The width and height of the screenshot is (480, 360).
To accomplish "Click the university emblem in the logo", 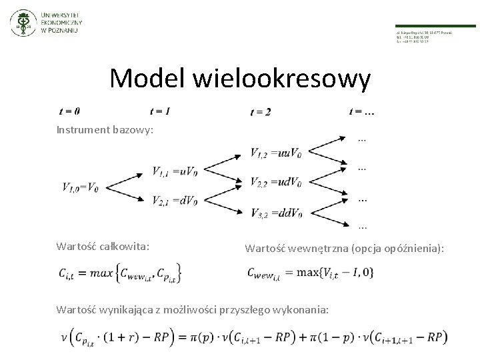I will pyautogui.click(x=23, y=24).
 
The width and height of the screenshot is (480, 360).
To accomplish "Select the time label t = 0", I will pyautogui.click(x=69, y=111).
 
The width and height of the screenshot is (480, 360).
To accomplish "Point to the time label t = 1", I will pyautogui.click(x=160, y=111).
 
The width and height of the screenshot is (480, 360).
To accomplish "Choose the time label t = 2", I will pyautogui.click(x=261, y=112).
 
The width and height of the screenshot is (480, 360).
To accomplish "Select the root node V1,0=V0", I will pyautogui.click(x=81, y=187).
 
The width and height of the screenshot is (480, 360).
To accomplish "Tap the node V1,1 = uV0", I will pyautogui.click(x=174, y=172).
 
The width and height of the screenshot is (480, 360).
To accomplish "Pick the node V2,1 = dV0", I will pyautogui.click(x=174, y=201).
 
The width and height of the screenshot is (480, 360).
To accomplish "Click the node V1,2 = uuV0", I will pyautogui.click(x=275, y=154).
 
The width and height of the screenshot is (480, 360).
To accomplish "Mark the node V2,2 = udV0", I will pyautogui.click(x=275, y=182).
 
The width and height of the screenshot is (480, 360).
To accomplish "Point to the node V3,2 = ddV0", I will pyautogui.click(x=276, y=213).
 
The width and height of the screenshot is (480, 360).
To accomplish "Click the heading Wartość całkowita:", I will pyautogui.click(x=103, y=247).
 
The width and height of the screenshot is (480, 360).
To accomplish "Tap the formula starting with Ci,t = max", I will pyautogui.click(x=119, y=272).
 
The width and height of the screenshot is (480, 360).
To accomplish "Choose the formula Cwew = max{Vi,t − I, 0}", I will pyautogui.click(x=309, y=272).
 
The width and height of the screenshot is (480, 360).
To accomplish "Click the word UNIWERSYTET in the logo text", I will pyautogui.click(x=59, y=13).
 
